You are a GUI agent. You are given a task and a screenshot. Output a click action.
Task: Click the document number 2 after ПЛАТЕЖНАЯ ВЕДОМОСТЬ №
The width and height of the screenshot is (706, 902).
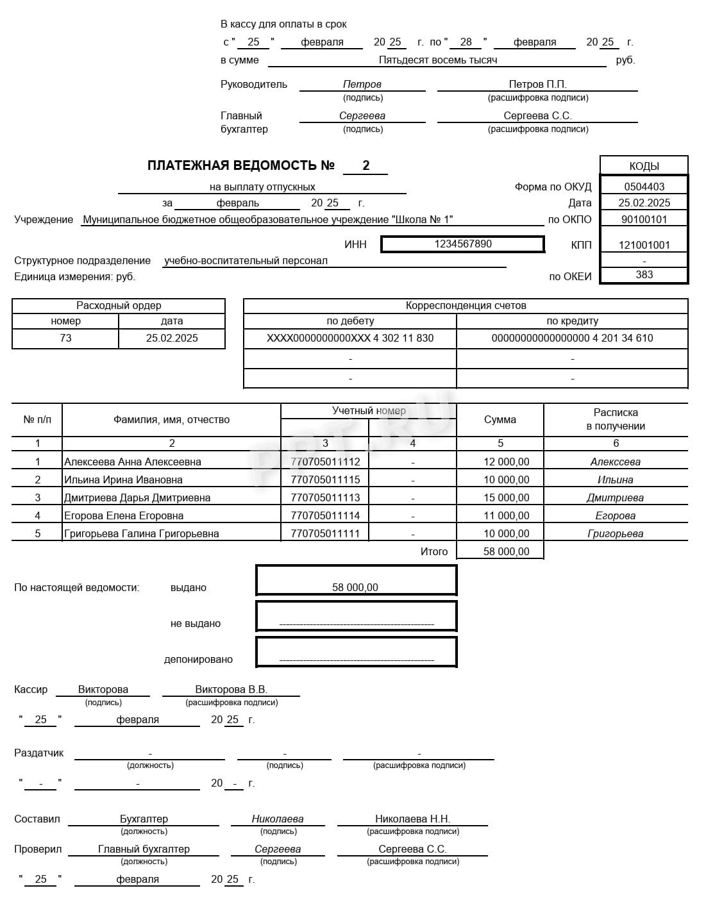(x=366, y=165)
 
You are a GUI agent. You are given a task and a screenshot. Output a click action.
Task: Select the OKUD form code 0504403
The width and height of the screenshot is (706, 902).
(x=644, y=187)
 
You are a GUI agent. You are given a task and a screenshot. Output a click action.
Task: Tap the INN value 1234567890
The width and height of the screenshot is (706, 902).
(x=462, y=244)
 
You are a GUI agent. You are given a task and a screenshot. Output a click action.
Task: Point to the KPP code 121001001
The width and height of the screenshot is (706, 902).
(x=644, y=245)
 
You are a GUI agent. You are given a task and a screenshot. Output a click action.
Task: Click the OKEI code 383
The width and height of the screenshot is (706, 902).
(x=644, y=274)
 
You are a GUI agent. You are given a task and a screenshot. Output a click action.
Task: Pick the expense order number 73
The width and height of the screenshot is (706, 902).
(x=65, y=338)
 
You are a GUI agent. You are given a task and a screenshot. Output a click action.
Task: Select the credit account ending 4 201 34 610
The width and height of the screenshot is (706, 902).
(x=572, y=338)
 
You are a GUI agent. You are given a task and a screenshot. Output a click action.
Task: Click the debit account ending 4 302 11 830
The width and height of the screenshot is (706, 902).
(x=350, y=338)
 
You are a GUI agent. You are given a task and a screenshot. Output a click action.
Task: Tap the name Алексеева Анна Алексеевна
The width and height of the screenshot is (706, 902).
(x=133, y=462)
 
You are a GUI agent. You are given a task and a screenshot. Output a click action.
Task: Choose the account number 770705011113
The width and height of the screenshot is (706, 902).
(x=325, y=497)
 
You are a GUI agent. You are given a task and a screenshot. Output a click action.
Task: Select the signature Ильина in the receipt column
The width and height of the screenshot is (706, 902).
(x=615, y=480)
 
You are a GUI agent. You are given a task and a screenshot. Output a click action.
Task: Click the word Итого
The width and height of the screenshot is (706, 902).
(x=434, y=551)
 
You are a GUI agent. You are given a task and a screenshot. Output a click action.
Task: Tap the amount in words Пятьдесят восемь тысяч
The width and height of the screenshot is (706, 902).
(x=437, y=60)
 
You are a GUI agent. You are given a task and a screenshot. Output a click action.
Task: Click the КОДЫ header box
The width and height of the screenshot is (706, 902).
(x=644, y=166)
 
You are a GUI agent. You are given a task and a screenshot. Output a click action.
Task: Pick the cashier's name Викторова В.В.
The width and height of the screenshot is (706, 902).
(x=231, y=689)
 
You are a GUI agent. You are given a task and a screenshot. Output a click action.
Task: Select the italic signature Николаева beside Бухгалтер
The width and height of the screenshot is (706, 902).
(x=278, y=819)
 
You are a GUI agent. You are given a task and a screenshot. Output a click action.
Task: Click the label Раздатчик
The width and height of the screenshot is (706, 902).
(x=38, y=753)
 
